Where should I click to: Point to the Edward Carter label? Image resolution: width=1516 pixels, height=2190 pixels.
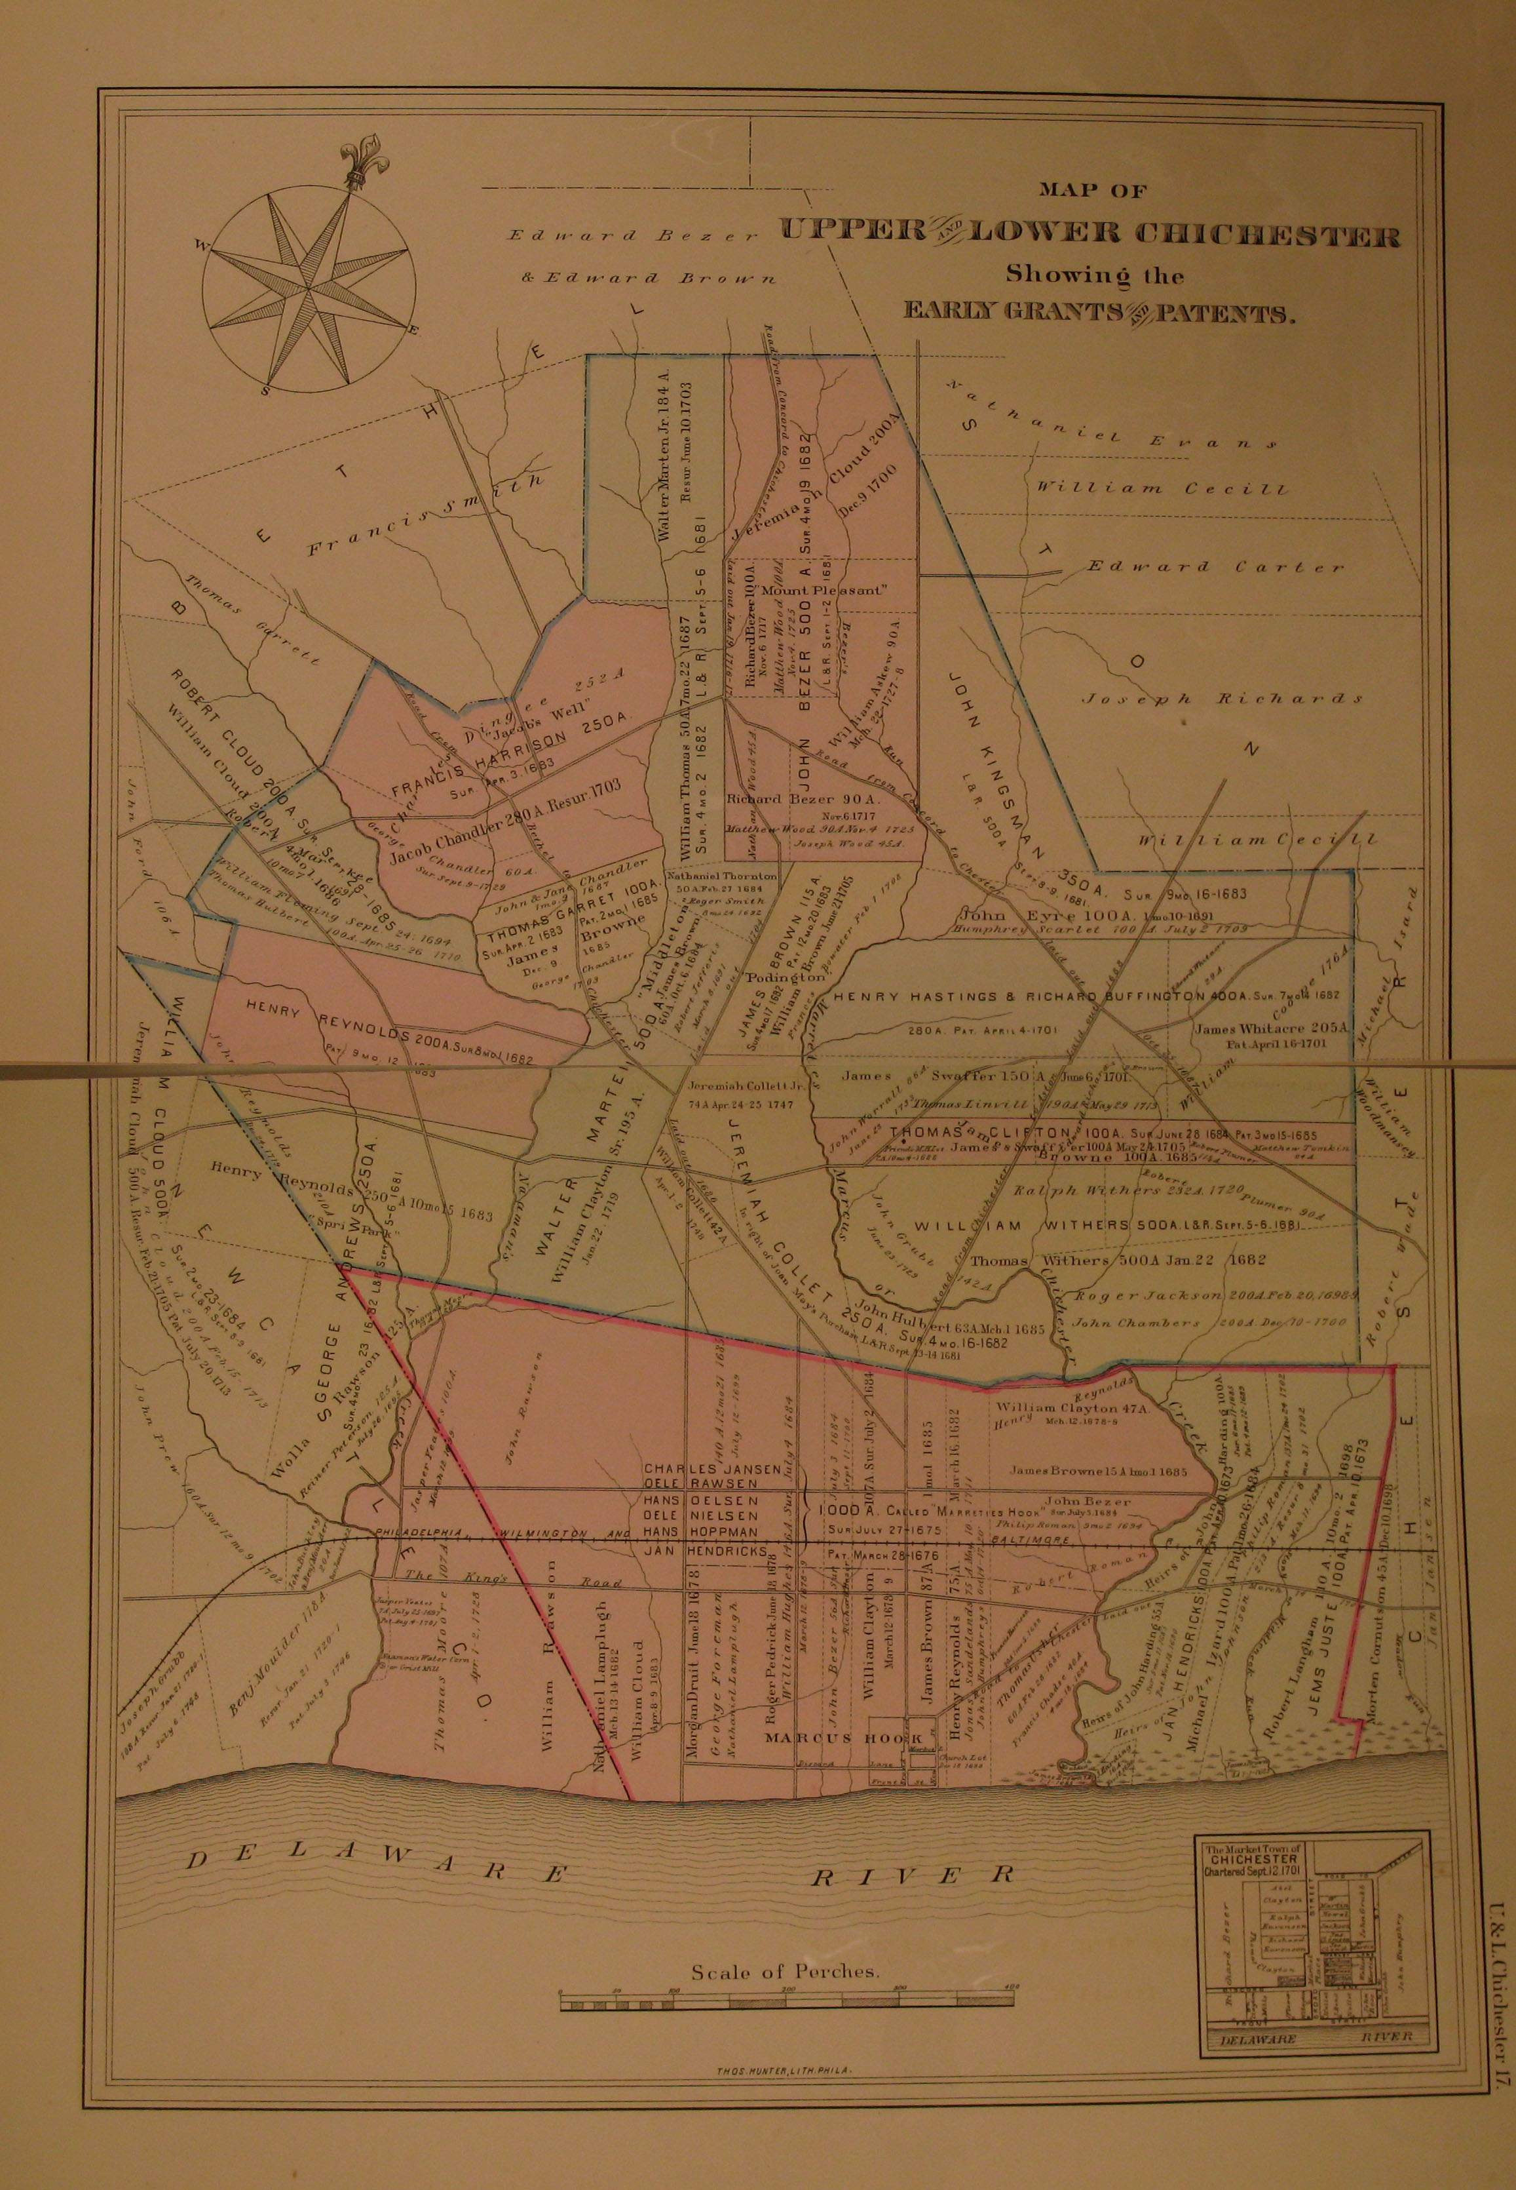tap(1216, 567)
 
